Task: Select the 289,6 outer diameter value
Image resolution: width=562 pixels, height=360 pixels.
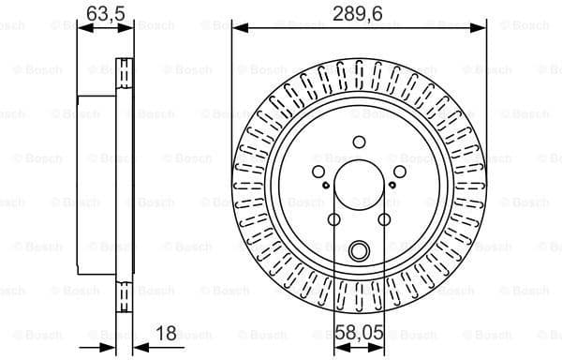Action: [x=360, y=13]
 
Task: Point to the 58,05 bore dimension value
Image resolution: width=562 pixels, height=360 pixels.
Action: [x=360, y=332]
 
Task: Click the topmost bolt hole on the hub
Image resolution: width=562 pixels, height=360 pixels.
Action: [x=359, y=142]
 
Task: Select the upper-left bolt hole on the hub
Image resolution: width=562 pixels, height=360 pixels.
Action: [x=318, y=172]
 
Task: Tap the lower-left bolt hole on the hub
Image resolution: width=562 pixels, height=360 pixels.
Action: [x=333, y=219]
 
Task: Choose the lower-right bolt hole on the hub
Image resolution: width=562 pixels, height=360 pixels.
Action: [x=384, y=219]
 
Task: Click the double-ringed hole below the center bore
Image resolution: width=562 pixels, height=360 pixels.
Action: [x=359, y=250]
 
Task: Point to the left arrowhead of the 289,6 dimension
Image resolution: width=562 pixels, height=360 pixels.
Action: [x=237, y=28]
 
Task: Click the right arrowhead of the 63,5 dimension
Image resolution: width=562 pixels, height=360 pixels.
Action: [x=129, y=28]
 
